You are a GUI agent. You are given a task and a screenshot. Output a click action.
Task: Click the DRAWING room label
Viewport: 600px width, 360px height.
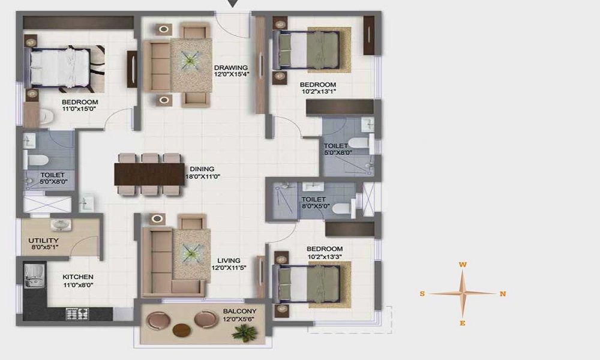point(231,68)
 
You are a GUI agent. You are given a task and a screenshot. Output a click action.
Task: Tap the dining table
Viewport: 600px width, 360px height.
point(149,174)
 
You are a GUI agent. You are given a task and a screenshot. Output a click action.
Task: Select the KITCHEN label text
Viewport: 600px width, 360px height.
point(78,277)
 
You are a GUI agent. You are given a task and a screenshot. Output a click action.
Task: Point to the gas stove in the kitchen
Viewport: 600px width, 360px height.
point(77,314)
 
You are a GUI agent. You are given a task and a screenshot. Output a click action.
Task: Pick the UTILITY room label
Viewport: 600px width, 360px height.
point(44,241)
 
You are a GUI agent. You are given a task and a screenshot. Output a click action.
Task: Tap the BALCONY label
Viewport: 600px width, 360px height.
point(239,311)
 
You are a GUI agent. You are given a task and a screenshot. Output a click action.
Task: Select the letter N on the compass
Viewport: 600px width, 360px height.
point(503,294)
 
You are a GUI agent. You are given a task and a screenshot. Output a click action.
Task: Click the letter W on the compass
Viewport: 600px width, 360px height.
point(463,265)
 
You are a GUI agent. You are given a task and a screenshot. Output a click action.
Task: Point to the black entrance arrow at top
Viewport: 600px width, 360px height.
point(233,4)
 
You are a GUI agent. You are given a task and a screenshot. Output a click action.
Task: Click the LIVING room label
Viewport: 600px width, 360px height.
point(229,260)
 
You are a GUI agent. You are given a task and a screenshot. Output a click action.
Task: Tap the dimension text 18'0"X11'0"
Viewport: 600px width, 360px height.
point(203,177)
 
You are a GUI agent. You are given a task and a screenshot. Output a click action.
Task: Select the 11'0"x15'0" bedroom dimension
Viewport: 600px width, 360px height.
point(79,109)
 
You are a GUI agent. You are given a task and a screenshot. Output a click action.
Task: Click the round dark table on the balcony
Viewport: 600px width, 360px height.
point(182,330)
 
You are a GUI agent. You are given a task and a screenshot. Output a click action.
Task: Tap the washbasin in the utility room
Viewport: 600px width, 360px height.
point(61,224)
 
